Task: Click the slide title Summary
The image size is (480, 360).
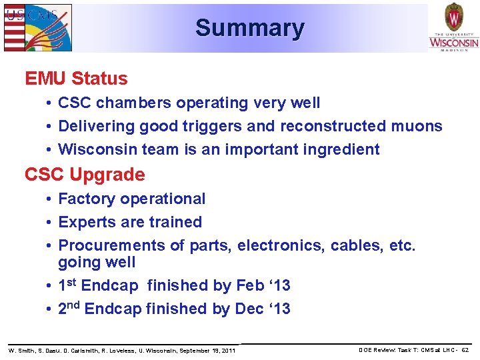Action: [x=250, y=28]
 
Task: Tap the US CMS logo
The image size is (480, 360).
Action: [x=38, y=27]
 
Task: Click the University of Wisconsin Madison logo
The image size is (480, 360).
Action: [x=453, y=27]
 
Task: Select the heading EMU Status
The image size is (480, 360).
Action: [x=76, y=79]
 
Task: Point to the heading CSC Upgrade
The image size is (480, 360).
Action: [x=85, y=175]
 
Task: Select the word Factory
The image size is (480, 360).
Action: [x=84, y=199]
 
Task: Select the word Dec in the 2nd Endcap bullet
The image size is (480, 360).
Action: [x=249, y=309]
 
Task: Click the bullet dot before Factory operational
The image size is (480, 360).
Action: [x=50, y=199]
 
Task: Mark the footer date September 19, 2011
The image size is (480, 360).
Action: [x=209, y=350]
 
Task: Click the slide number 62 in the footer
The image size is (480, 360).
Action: [x=465, y=350]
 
